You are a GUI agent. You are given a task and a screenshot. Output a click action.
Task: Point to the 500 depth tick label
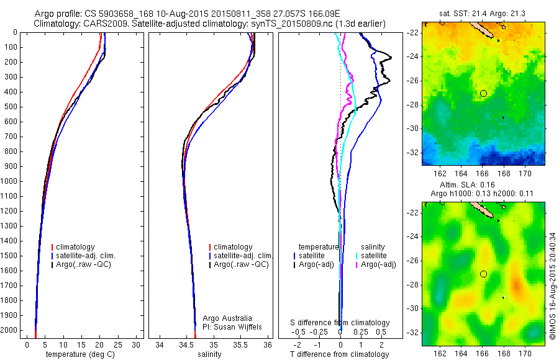[x=10, y=107]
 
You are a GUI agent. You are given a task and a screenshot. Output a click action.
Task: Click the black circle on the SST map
[x=483, y=93]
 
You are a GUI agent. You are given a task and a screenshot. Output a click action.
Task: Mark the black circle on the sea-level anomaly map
[x=483, y=274]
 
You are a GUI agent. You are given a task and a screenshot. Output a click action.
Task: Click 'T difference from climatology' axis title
[x=340, y=354]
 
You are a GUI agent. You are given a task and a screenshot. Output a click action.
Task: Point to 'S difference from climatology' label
[x=340, y=323]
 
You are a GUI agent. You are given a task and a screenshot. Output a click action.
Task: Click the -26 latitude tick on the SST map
[x=412, y=81]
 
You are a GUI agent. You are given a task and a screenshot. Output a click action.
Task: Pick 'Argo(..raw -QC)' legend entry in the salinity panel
[x=241, y=264]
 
